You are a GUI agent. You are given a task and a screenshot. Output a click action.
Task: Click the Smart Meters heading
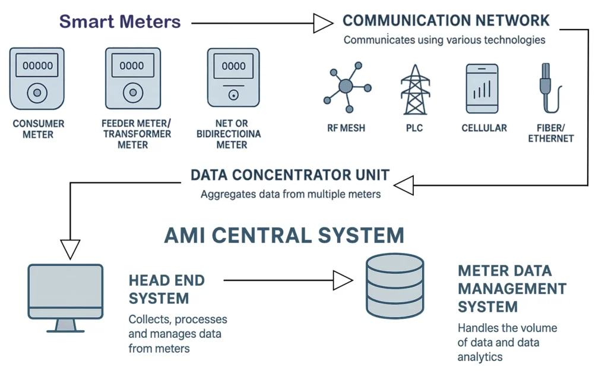[120, 22]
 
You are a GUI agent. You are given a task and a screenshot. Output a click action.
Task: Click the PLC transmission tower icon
[414, 89]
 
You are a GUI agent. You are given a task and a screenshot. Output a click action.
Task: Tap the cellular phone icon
[482, 88]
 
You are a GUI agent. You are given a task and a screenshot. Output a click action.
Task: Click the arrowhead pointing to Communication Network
[323, 23]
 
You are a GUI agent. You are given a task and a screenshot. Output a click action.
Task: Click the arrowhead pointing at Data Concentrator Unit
[404, 186]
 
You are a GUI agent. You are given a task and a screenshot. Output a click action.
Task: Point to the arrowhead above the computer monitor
[69, 249]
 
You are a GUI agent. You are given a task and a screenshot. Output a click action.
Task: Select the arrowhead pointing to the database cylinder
[343, 280]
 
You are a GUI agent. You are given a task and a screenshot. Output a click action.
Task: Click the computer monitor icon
[65, 297]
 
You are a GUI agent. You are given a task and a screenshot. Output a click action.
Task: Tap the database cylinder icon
[393, 285]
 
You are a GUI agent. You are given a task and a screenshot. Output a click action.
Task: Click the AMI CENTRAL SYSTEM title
[284, 235]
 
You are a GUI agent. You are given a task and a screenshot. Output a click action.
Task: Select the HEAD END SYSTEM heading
[159, 289]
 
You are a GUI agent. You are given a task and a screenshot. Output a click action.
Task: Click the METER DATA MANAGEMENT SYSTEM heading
[512, 289]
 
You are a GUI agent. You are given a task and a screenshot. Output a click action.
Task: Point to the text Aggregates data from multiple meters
[290, 194]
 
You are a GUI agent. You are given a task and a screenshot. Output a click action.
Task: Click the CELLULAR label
[484, 128]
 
